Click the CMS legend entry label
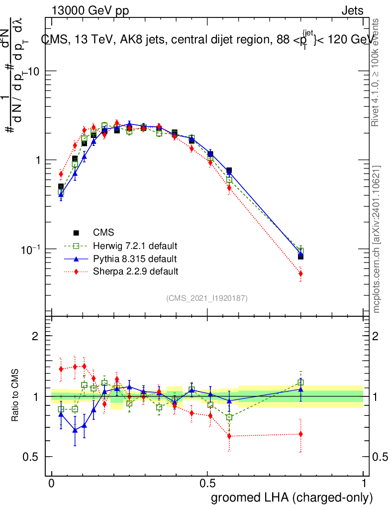(103, 233)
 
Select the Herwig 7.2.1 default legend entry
(135, 246)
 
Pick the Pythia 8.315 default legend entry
(135, 259)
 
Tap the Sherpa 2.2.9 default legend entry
(136, 271)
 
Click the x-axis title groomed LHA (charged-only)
(293, 498)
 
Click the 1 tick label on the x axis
(364, 484)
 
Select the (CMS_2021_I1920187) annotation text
(207, 298)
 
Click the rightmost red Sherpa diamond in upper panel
(300, 273)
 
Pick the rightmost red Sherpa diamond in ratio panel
(300, 434)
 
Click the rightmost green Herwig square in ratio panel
(300, 382)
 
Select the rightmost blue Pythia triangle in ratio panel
(300, 389)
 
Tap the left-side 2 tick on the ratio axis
(35, 336)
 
